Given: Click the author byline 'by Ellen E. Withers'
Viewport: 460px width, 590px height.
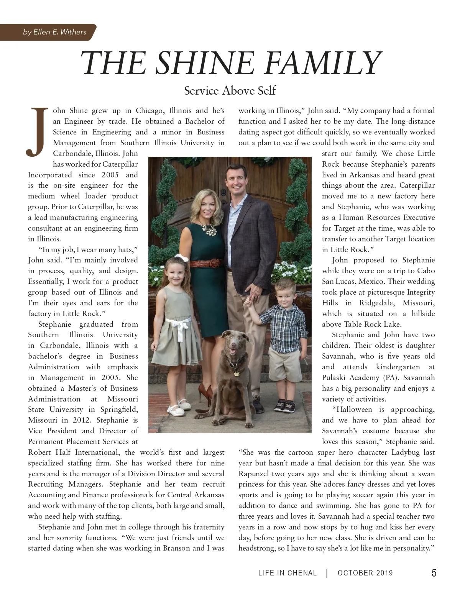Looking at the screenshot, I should (x=54, y=32).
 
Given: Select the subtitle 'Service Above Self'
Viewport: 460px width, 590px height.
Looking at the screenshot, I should (x=230, y=91).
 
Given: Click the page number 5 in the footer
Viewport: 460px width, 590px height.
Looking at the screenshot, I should (x=434, y=573).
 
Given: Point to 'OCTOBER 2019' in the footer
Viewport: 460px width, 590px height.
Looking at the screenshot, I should (x=365, y=573).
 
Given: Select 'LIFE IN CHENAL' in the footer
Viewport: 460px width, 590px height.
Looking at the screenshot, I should (x=287, y=573).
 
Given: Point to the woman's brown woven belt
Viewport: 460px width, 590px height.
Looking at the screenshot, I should (x=206, y=264).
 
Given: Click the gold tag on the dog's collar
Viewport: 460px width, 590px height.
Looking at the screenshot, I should (x=237, y=370).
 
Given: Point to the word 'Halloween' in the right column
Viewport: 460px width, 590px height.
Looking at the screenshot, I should (x=354, y=410).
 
